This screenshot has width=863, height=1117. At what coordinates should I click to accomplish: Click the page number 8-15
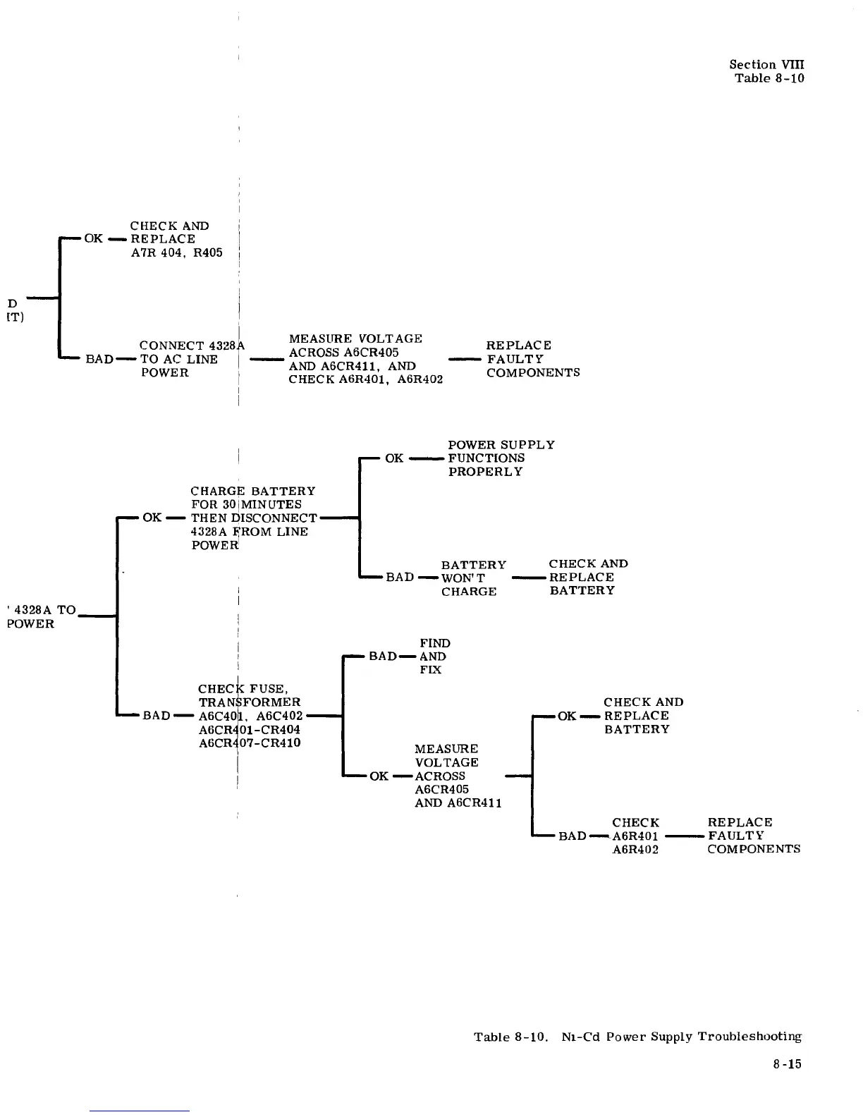click(787, 1064)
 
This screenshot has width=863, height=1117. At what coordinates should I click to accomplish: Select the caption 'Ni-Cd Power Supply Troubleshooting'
click(681, 1037)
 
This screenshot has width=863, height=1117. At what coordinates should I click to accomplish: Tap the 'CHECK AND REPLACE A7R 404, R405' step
click(176, 239)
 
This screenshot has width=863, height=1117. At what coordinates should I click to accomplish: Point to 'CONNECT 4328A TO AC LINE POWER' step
click(188, 359)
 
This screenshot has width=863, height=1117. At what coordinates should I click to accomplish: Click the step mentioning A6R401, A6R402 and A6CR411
click(365, 359)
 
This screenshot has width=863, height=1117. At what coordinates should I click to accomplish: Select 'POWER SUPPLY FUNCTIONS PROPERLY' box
click(501, 458)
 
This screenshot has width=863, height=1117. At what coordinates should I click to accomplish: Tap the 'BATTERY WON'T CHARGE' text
click(473, 578)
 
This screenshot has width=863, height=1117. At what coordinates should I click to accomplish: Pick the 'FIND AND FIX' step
click(434, 656)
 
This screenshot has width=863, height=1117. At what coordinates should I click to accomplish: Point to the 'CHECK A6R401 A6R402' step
click(635, 836)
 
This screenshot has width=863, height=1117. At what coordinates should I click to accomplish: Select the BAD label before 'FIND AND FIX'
click(383, 657)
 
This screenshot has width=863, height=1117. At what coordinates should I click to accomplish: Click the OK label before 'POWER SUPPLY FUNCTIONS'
click(394, 458)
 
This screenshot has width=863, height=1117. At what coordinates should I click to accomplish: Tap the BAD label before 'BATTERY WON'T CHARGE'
click(400, 578)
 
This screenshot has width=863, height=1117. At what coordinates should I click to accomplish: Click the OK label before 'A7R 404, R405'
click(94, 238)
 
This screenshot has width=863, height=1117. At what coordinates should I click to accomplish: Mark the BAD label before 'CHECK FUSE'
click(157, 716)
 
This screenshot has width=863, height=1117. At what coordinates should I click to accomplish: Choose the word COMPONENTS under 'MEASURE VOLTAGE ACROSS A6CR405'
click(533, 372)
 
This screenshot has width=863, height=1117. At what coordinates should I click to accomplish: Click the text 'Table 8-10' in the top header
click(769, 78)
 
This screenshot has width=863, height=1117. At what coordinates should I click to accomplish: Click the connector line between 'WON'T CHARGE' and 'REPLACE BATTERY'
click(529, 578)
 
